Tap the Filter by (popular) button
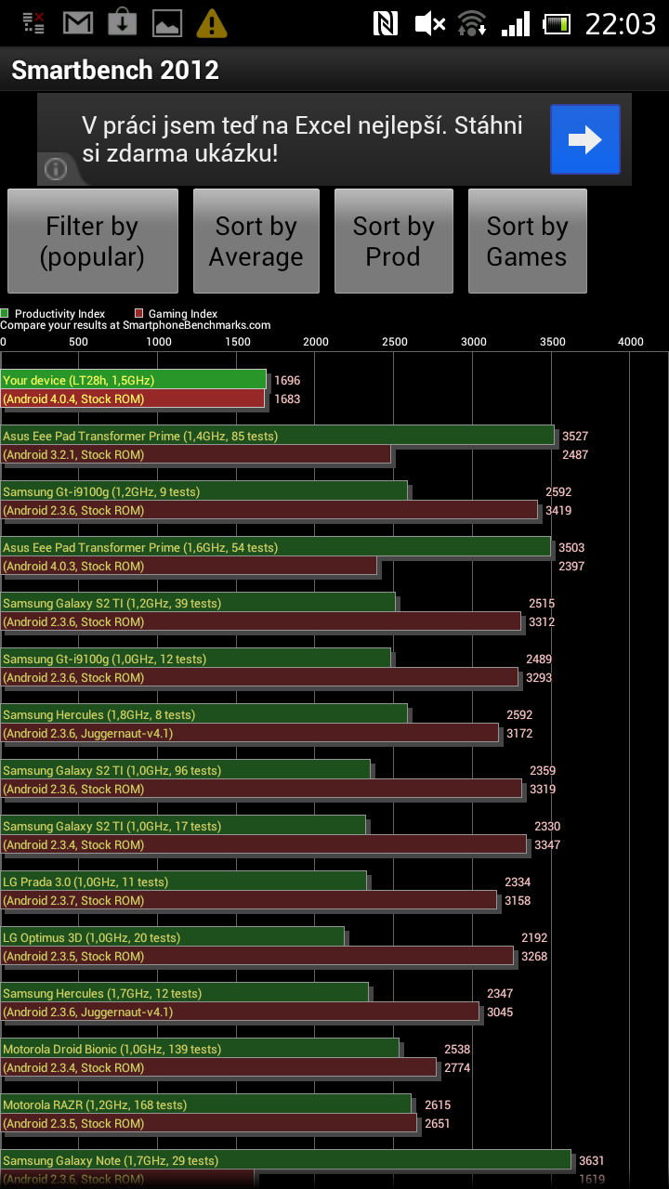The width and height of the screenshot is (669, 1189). tap(93, 242)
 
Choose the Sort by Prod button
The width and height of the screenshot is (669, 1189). tap(393, 242)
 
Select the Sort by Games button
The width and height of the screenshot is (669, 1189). tap(527, 242)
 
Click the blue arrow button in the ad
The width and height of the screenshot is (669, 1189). tap(584, 139)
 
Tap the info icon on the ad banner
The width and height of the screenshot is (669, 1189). tap(56, 169)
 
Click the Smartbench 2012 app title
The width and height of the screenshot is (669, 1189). tap(115, 71)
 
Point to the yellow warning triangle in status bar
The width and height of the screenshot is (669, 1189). tap(213, 22)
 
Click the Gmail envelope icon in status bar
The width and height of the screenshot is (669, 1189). tap(78, 22)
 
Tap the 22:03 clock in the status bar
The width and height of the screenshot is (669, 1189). tap(620, 23)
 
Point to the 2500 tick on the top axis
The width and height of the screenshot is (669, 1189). tap(395, 342)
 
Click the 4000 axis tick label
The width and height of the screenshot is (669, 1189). tap(631, 342)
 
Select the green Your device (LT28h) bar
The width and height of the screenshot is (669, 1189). tap(133, 380)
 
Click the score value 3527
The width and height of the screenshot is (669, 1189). tap(575, 436)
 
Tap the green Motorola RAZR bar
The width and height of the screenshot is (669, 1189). tap(205, 1104)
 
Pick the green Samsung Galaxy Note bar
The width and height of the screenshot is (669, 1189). tap(285, 1160)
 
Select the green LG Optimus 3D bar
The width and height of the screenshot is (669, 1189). tap(172, 937)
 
